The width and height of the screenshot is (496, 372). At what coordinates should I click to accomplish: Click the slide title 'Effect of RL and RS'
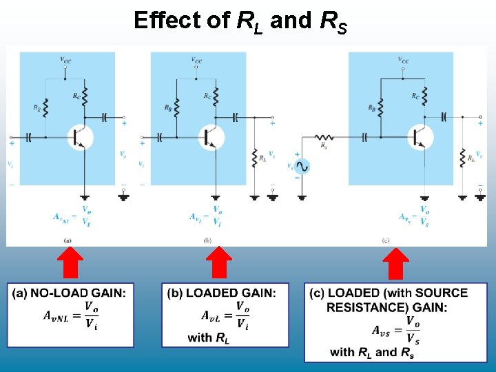coord(240,21)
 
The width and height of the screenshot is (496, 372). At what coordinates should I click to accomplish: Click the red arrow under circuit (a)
coord(70,264)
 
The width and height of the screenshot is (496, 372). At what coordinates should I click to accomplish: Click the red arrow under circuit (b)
coord(219,264)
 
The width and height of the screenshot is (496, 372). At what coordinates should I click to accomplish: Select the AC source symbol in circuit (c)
coord(300,166)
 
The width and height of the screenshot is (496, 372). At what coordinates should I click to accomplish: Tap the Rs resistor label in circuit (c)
coord(324,147)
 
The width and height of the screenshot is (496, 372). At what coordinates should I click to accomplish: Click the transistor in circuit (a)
coord(80,136)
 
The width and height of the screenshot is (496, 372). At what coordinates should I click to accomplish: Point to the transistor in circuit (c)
coord(420,136)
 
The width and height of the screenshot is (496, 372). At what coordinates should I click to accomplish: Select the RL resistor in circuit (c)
coord(463,157)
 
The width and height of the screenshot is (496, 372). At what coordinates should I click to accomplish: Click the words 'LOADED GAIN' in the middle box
coord(231,293)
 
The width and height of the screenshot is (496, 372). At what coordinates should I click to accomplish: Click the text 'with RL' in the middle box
coord(209,338)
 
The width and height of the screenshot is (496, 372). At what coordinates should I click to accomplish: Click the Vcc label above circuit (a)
coord(65,59)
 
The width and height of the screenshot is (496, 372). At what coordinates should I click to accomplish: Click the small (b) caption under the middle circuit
coord(207,240)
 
